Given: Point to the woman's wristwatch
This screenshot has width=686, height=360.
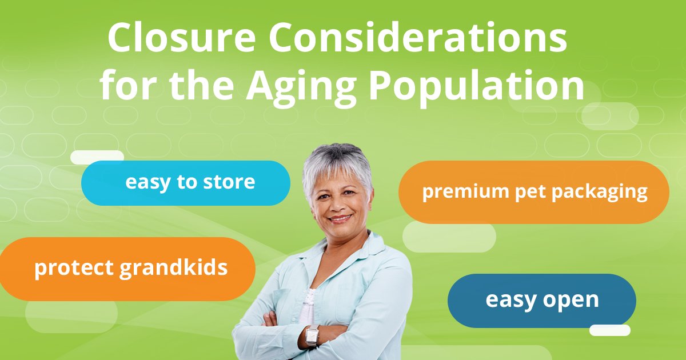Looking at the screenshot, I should (x=312, y=336).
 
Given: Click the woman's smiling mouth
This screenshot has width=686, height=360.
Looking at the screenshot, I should (x=341, y=218).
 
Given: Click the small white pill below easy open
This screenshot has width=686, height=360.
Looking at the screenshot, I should (x=609, y=330).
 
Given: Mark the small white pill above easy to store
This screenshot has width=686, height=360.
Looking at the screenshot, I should (x=97, y=156).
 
